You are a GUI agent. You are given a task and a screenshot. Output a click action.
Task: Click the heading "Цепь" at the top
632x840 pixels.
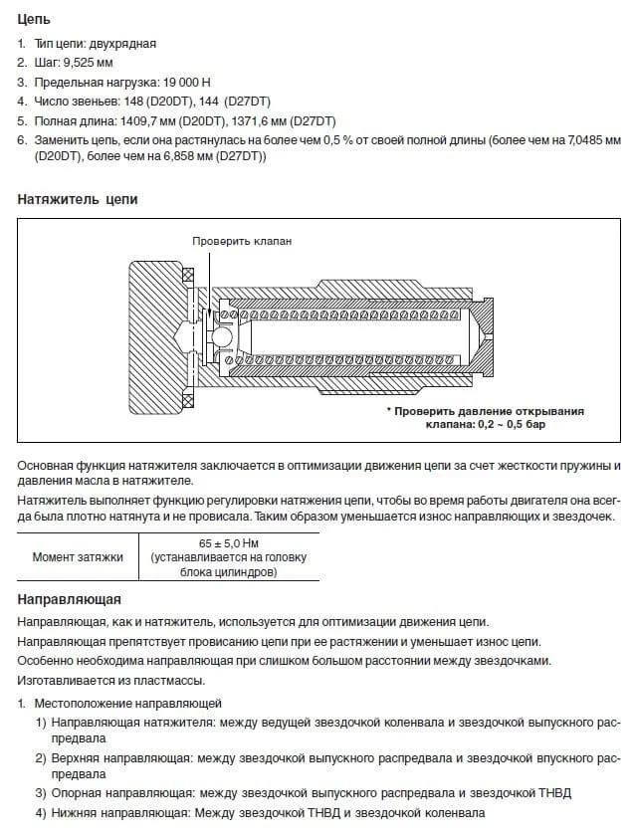(x=35, y=19)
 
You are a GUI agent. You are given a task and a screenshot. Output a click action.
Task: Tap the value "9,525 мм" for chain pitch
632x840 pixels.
(x=88, y=62)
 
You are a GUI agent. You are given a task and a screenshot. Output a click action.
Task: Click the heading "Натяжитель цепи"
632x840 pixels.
(x=78, y=199)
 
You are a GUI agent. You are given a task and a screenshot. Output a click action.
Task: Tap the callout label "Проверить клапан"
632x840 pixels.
(x=243, y=241)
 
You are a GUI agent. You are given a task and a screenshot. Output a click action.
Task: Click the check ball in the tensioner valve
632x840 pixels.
(x=222, y=337)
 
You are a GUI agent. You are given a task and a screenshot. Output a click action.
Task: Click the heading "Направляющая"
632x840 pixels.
(x=70, y=599)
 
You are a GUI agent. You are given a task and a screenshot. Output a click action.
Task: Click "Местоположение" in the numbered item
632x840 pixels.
(x=85, y=701)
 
